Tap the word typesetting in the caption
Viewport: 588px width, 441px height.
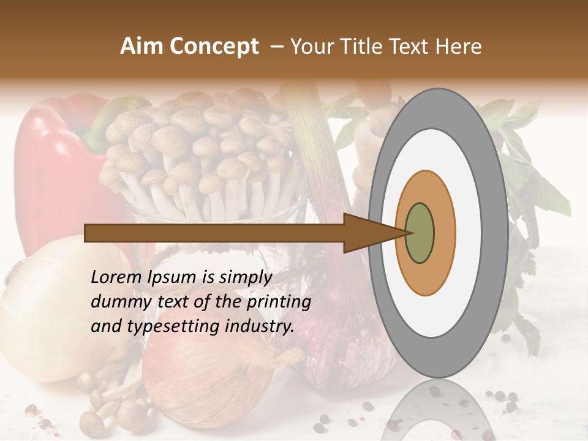click(x=169, y=326)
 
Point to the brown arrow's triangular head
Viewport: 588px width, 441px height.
click(x=367, y=233)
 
